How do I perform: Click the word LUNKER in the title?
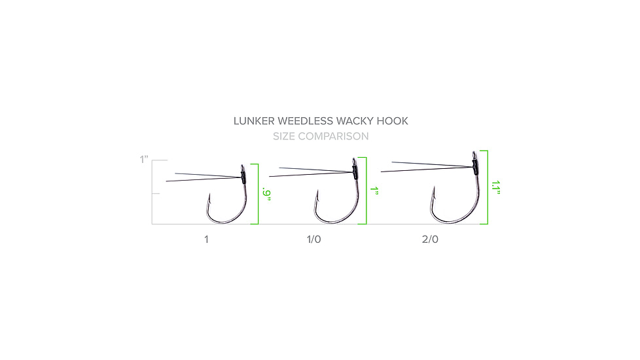click(x=254, y=121)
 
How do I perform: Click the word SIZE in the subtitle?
click(x=284, y=136)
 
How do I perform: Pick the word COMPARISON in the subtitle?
click(x=333, y=136)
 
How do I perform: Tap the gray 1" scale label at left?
click(x=144, y=160)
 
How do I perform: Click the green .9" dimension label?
click(x=266, y=194)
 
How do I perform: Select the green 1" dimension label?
click(x=374, y=190)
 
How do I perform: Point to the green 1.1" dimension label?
click(x=496, y=187)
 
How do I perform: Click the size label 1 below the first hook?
click(x=206, y=240)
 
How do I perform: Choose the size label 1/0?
click(x=314, y=240)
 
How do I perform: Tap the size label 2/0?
click(x=430, y=240)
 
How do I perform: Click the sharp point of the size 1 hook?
click(x=209, y=194)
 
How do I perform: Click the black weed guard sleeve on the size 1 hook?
click(x=243, y=175)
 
